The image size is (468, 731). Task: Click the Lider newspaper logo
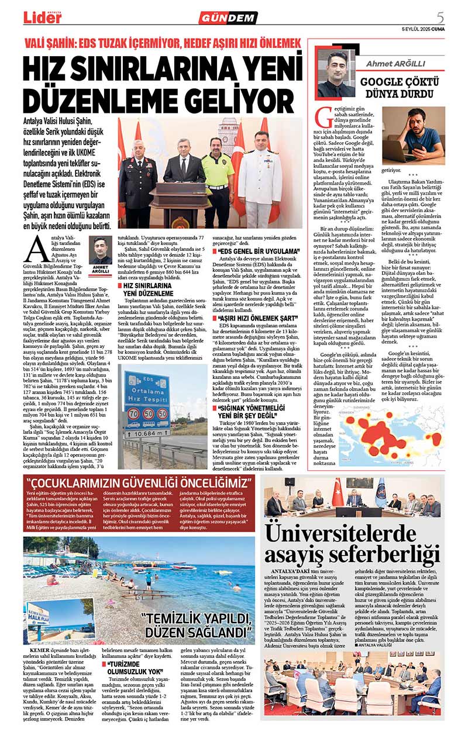(x=42, y=17)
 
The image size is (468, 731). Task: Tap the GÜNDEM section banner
(x=228, y=18)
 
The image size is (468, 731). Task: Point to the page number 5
(x=440, y=16)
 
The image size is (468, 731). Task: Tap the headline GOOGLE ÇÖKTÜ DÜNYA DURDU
(x=397, y=87)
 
